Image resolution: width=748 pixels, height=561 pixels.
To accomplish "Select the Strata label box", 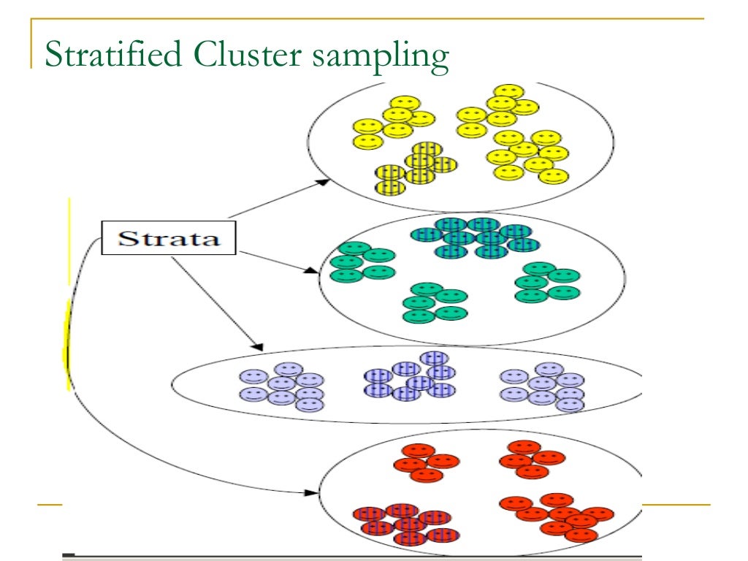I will (169, 239).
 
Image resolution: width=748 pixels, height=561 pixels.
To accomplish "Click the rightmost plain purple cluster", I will (543, 386).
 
